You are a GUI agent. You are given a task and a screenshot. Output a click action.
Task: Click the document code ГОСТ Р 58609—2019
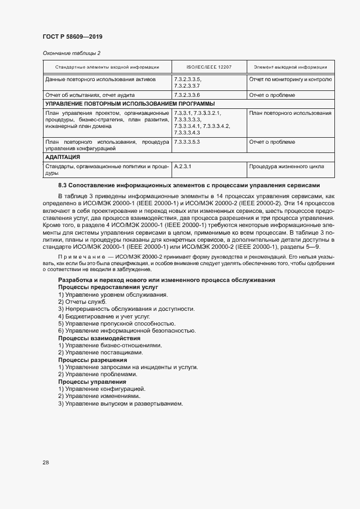(72, 36)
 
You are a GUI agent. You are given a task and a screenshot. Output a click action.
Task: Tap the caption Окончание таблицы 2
(71, 53)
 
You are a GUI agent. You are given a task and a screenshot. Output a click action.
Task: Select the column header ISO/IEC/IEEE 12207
(209, 67)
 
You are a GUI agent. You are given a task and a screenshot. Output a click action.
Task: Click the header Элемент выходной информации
(290, 67)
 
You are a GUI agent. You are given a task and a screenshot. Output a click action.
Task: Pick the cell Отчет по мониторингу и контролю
(290, 79)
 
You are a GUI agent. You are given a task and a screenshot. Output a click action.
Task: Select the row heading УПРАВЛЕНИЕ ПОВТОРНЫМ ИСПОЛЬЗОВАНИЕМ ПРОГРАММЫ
(130, 103)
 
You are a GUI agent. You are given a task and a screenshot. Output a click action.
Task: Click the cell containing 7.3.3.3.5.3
(187, 142)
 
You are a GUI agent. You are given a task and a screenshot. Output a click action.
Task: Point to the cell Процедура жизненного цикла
(286, 167)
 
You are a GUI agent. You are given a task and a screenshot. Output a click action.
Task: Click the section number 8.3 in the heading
(62, 186)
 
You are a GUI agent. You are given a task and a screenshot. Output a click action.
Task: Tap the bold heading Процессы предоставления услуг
(108, 286)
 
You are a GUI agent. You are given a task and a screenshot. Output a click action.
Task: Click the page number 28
(46, 462)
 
